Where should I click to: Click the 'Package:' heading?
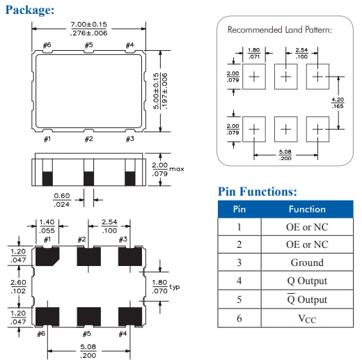click(30, 10)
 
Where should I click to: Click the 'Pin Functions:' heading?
click(258, 191)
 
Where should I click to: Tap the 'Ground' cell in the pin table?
click(307, 263)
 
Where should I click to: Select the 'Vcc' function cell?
click(307, 318)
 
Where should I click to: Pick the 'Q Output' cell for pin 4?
click(307, 281)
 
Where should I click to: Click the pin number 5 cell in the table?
click(239, 299)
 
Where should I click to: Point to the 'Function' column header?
click(307, 209)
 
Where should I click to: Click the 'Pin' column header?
click(239, 209)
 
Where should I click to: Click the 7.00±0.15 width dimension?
click(89, 24)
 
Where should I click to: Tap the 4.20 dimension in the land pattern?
click(338, 100)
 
